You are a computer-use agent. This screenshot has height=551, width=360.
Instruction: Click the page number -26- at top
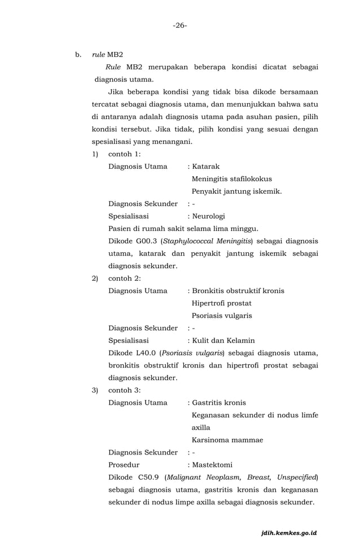(180, 25)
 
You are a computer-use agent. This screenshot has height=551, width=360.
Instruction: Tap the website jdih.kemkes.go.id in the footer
(289, 532)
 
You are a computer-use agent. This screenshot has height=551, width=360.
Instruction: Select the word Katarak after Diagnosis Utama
(206, 167)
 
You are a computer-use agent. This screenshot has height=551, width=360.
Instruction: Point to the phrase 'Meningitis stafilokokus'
(231, 179)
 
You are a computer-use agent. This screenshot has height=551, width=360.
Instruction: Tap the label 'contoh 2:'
(124, 278)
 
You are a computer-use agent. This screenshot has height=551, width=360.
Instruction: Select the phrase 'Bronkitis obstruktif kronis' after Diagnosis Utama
(238, 291)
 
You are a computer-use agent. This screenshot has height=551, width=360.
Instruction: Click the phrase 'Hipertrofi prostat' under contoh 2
(221, 303)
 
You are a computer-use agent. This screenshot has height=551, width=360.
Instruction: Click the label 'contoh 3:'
(124, 390)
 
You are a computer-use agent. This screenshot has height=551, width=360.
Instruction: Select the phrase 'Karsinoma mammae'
(227, 440)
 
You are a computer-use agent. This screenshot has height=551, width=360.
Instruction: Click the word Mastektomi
(212, 465)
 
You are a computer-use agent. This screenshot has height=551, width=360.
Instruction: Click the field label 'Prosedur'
(124, 465)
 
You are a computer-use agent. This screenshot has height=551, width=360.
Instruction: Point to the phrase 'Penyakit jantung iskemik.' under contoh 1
(236, 191)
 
